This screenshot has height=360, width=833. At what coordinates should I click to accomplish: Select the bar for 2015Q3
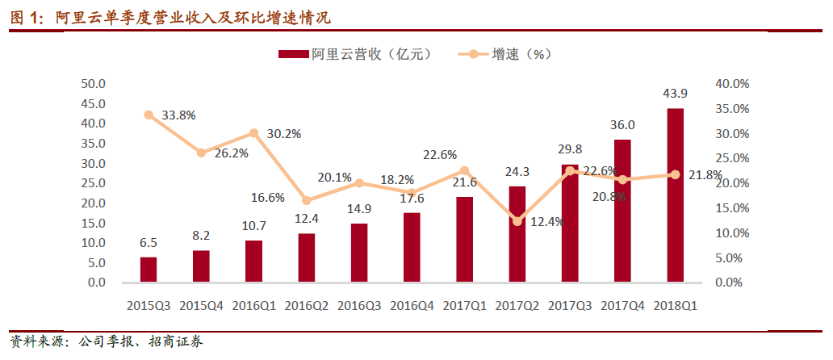(x=149, y=270)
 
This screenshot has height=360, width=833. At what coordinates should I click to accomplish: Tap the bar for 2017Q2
(x=517, y=234)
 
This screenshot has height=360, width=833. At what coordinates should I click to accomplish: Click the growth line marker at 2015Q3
(x=149, y=115)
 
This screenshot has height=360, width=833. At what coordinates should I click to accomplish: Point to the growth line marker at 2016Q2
(x=307, y=200)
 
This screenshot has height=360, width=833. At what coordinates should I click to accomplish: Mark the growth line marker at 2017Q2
(x=517, y=221)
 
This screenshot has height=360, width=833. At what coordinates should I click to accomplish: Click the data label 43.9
(x=675, y=94)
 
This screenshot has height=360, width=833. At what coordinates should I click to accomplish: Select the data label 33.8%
(x=178, y=115)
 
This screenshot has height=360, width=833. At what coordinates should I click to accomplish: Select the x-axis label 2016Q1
(x=253, y=305)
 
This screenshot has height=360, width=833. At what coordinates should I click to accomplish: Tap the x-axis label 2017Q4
(x=622, y=305)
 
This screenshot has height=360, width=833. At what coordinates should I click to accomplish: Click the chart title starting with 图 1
(x=170, y=17)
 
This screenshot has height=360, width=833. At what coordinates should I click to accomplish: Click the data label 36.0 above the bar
(x=622, y=125)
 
